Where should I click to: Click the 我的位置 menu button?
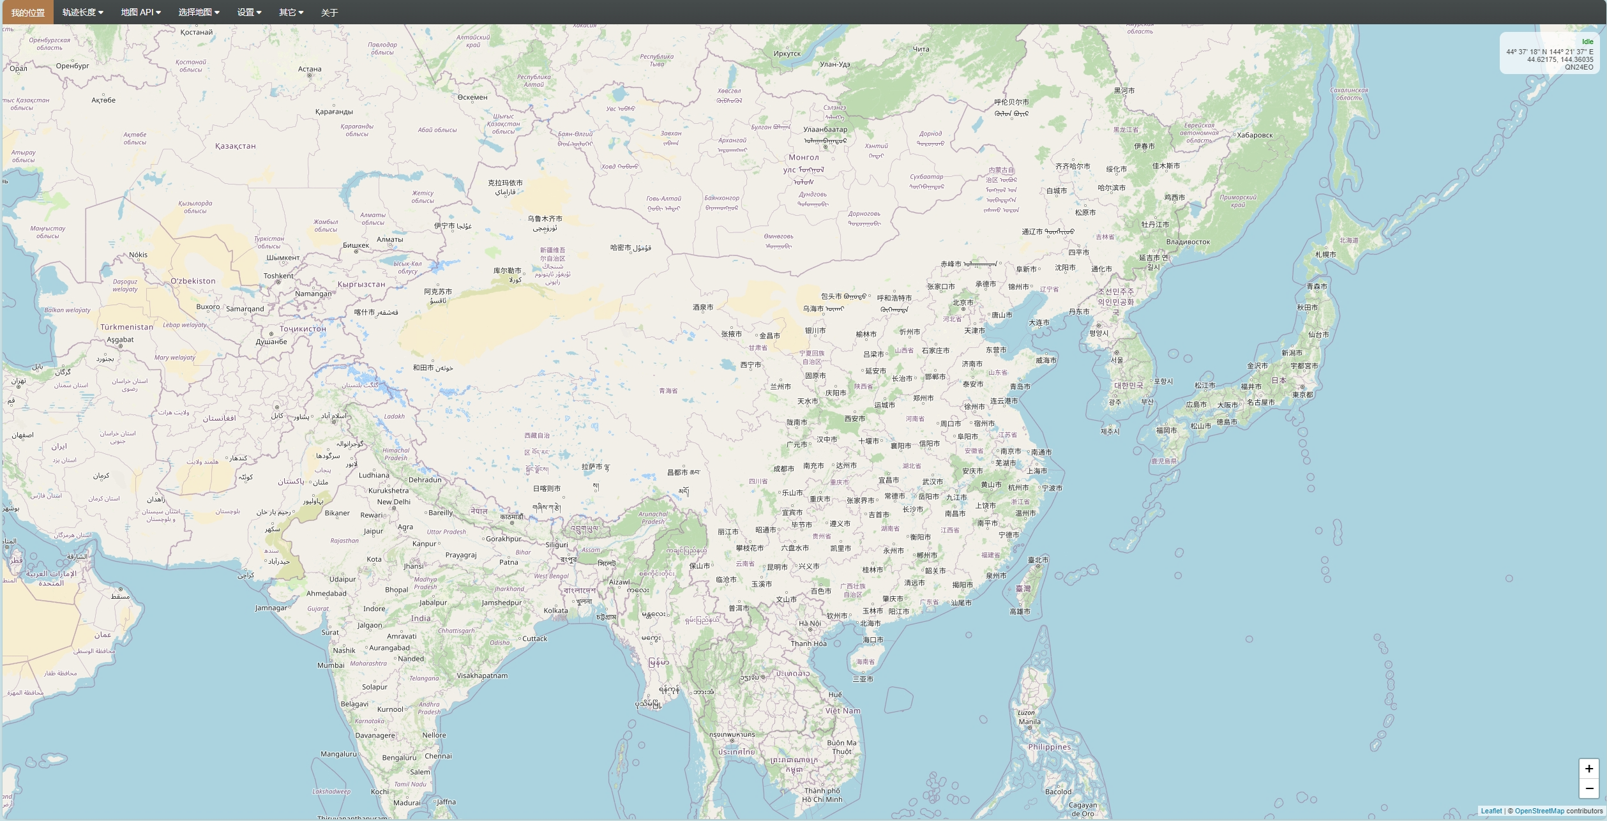(x=28, y=13)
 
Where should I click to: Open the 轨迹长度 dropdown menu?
(x=82, y=13)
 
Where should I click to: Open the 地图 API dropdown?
(x=140, y=13)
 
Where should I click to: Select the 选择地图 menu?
(x=199, y=13)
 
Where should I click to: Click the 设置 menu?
(x=249, y=13)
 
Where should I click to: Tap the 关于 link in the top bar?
(x=329, y=13)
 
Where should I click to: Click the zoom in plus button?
(x=1588, y=769)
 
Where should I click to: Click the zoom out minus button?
(x=1588, y=788)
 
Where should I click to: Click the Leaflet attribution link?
(x=1491, y=811)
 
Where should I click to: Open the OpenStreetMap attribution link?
(x=1539, y=811)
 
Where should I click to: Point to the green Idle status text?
(x=1587, y=42)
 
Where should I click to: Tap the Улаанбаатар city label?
(x=825, y=130)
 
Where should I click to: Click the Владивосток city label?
(x=1188, y=242)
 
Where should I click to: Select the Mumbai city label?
(x=331, y=665)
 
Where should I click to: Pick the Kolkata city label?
(x=555, y=611)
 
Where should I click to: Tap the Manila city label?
(x=1029, y=722)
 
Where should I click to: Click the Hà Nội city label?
(x=810, y=624)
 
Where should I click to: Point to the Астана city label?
(x=310, y=69)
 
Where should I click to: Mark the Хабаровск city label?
(x=1255, y=135)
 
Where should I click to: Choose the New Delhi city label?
(x=393, y=502)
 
